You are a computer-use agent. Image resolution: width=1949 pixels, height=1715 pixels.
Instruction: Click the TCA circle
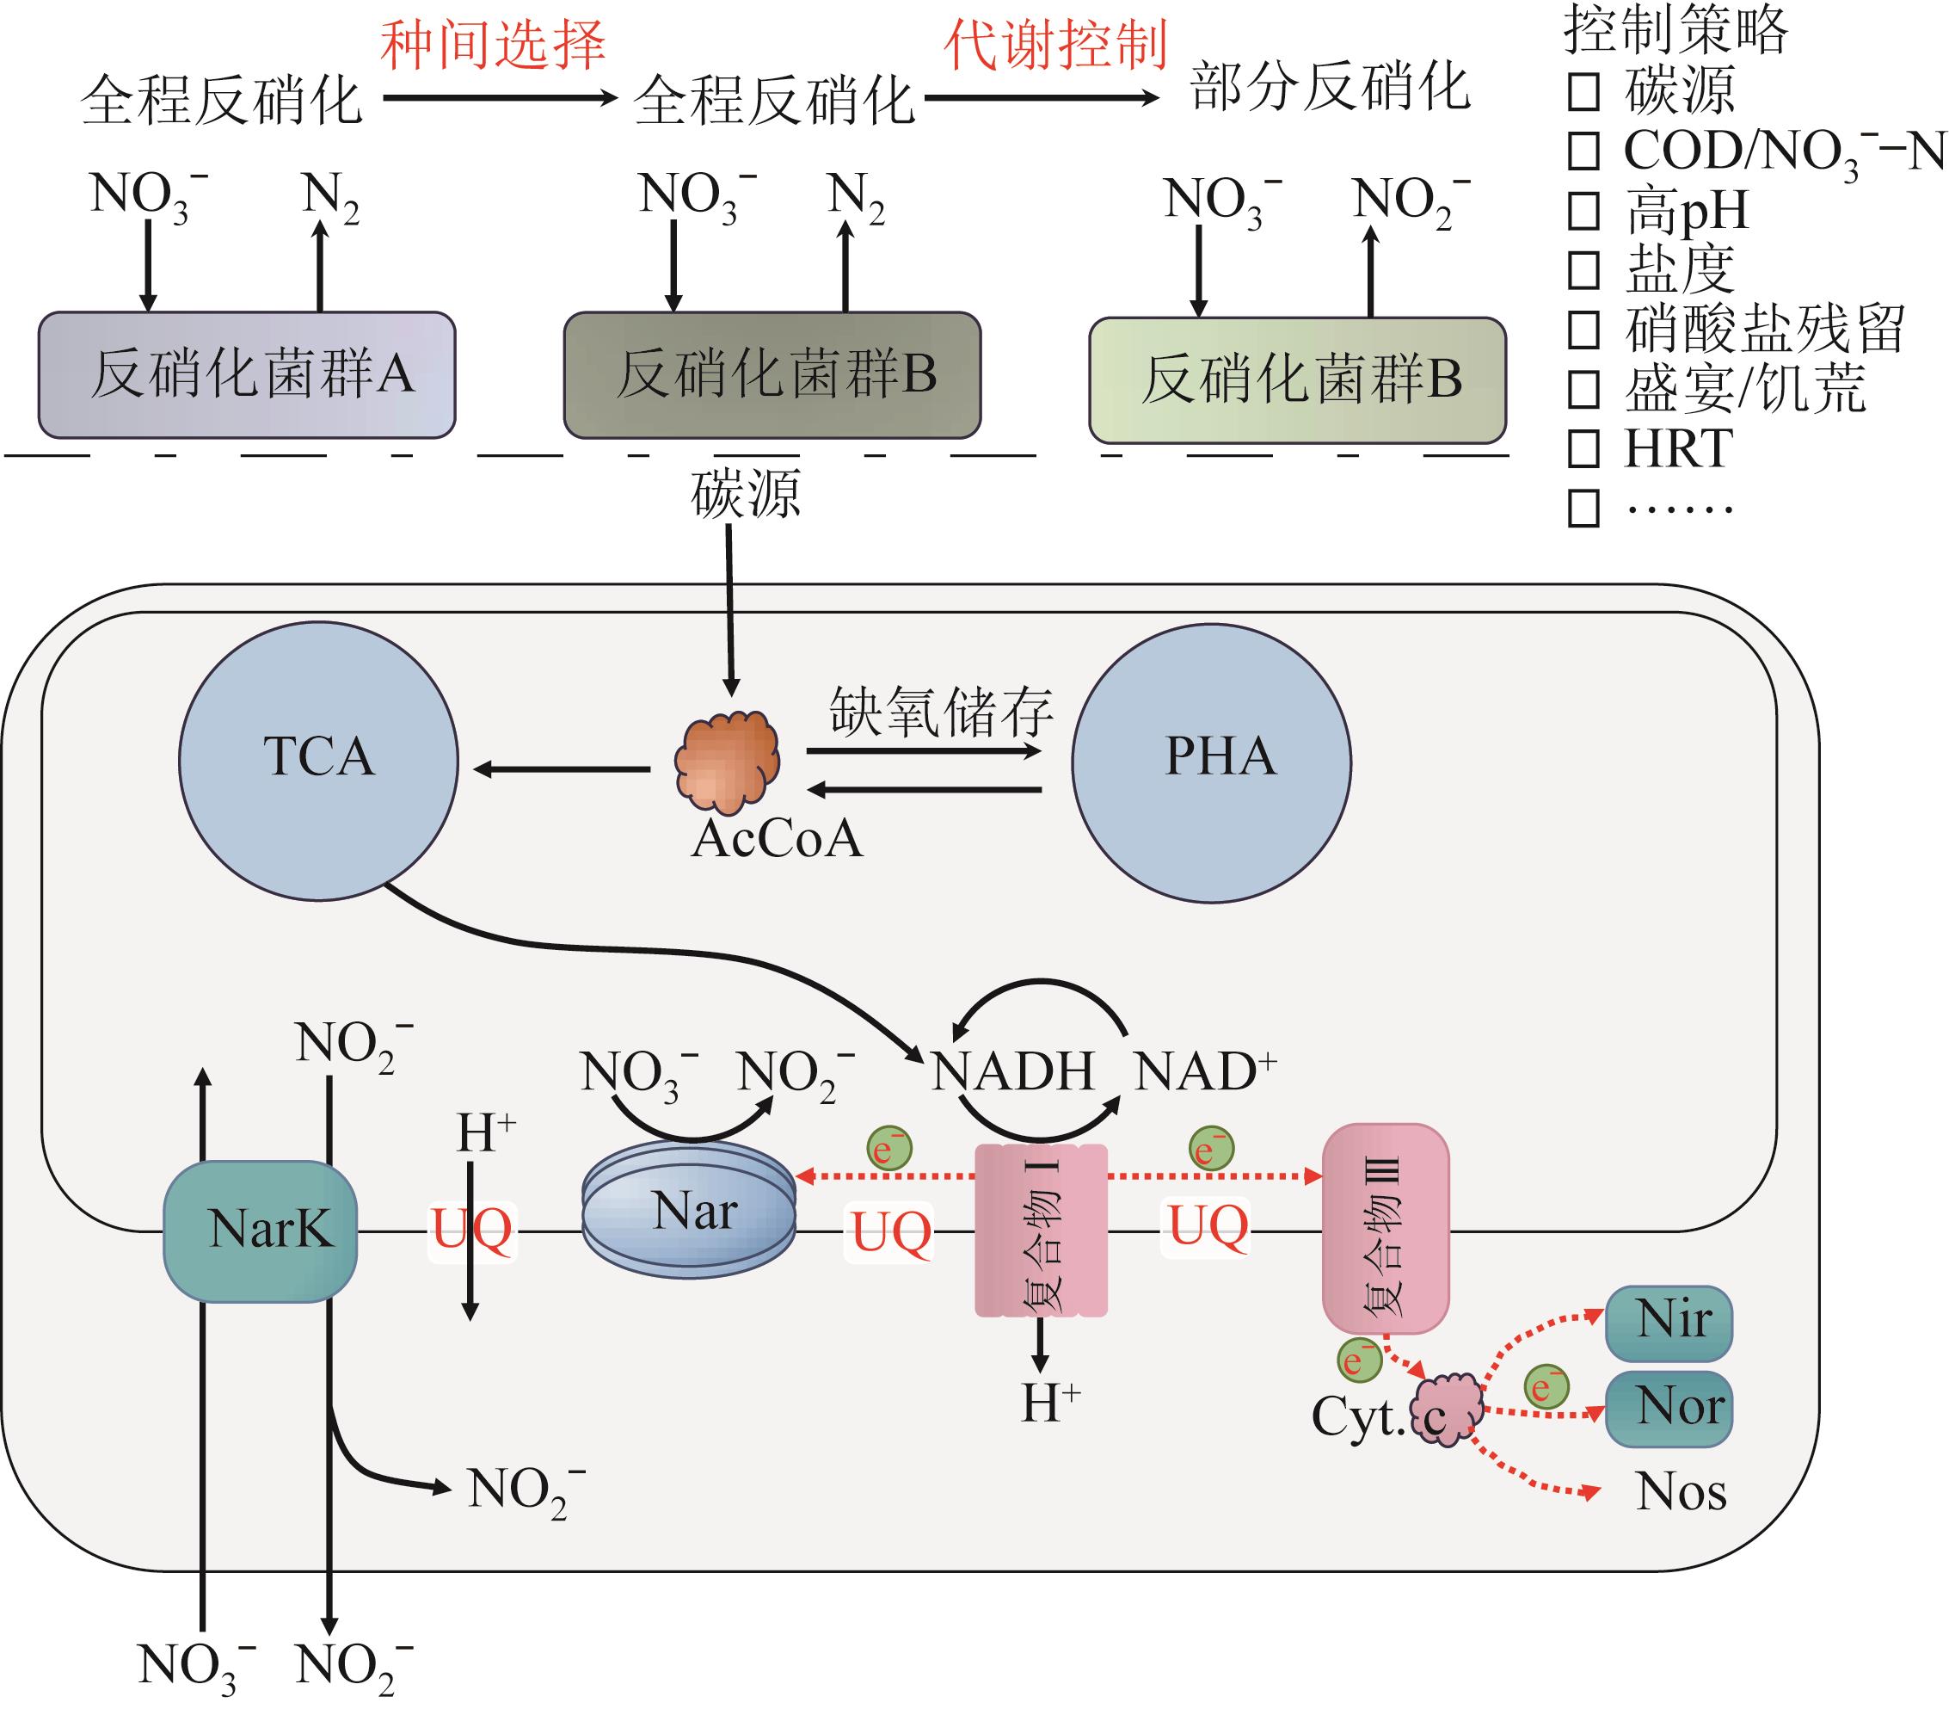pos(318,760)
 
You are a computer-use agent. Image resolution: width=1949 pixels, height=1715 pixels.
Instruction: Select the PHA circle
pos(1211,762)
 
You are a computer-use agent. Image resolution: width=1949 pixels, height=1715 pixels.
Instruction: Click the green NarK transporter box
pos(261,1231)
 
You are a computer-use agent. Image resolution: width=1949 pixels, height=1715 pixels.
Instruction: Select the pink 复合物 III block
pos(1386,1229)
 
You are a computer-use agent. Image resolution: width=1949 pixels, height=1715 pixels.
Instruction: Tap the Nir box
pos(1669,1322)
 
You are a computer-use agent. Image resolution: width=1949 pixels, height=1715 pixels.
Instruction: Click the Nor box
pos(1669,1408)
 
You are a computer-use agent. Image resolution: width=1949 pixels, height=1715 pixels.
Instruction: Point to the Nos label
pos(1681,1492)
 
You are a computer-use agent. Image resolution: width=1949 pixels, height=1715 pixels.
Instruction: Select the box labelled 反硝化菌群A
pos(247,375)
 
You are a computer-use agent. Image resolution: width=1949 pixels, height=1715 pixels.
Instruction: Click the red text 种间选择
pos(493,44)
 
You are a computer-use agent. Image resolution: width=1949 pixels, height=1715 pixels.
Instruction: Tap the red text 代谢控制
pos(1055,44)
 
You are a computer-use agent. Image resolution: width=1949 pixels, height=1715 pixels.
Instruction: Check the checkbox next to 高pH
pos(1583,211)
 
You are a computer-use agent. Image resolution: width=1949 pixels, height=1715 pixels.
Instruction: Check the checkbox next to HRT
pos(1583,448)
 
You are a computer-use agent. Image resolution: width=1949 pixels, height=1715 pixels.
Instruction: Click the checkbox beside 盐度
pos(1583,270)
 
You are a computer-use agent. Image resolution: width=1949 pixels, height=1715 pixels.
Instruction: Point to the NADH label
pos(1012,1071)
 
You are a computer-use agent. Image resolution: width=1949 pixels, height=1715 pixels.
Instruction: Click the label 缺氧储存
pos(941,712)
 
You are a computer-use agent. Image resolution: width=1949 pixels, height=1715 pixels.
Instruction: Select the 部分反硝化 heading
pos(1331,89)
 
